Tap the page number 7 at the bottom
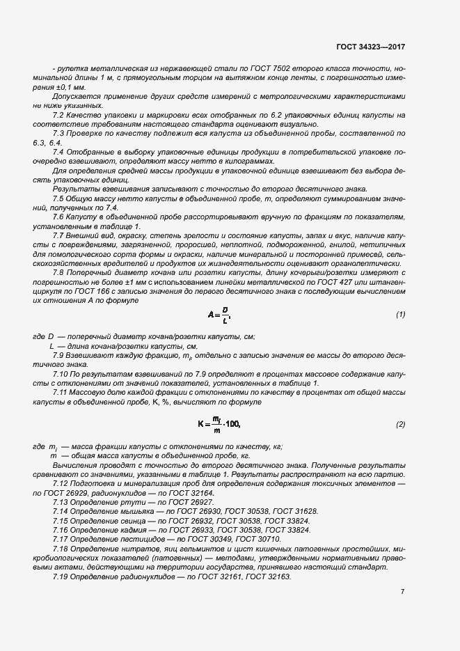tap(402, 592)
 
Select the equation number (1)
tap(400, 314)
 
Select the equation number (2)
tap(400, 424)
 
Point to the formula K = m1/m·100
tap(219, 424)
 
